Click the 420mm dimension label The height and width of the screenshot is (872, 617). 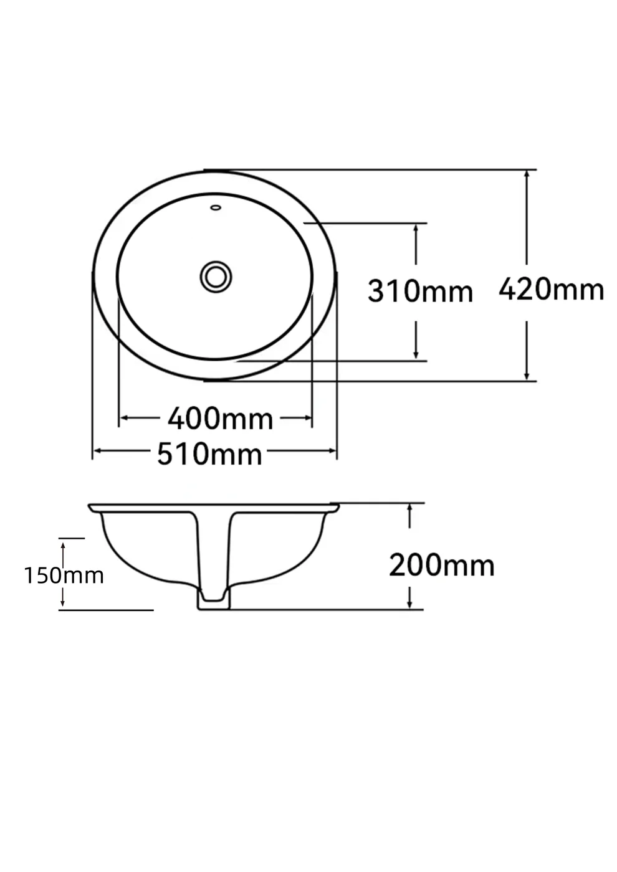point(551,289)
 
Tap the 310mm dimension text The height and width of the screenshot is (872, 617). point(420,291)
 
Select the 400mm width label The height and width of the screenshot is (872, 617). point(221,419)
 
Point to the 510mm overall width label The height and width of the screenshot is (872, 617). point(209,454)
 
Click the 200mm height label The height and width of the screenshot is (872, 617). point(442,566)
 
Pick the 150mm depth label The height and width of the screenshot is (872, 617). point(64,576)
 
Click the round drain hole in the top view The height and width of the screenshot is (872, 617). point(216,277)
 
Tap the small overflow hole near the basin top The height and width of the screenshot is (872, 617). point(216,207)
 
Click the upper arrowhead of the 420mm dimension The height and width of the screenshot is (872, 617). point(527,175)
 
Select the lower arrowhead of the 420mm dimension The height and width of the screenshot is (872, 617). point(527,376)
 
